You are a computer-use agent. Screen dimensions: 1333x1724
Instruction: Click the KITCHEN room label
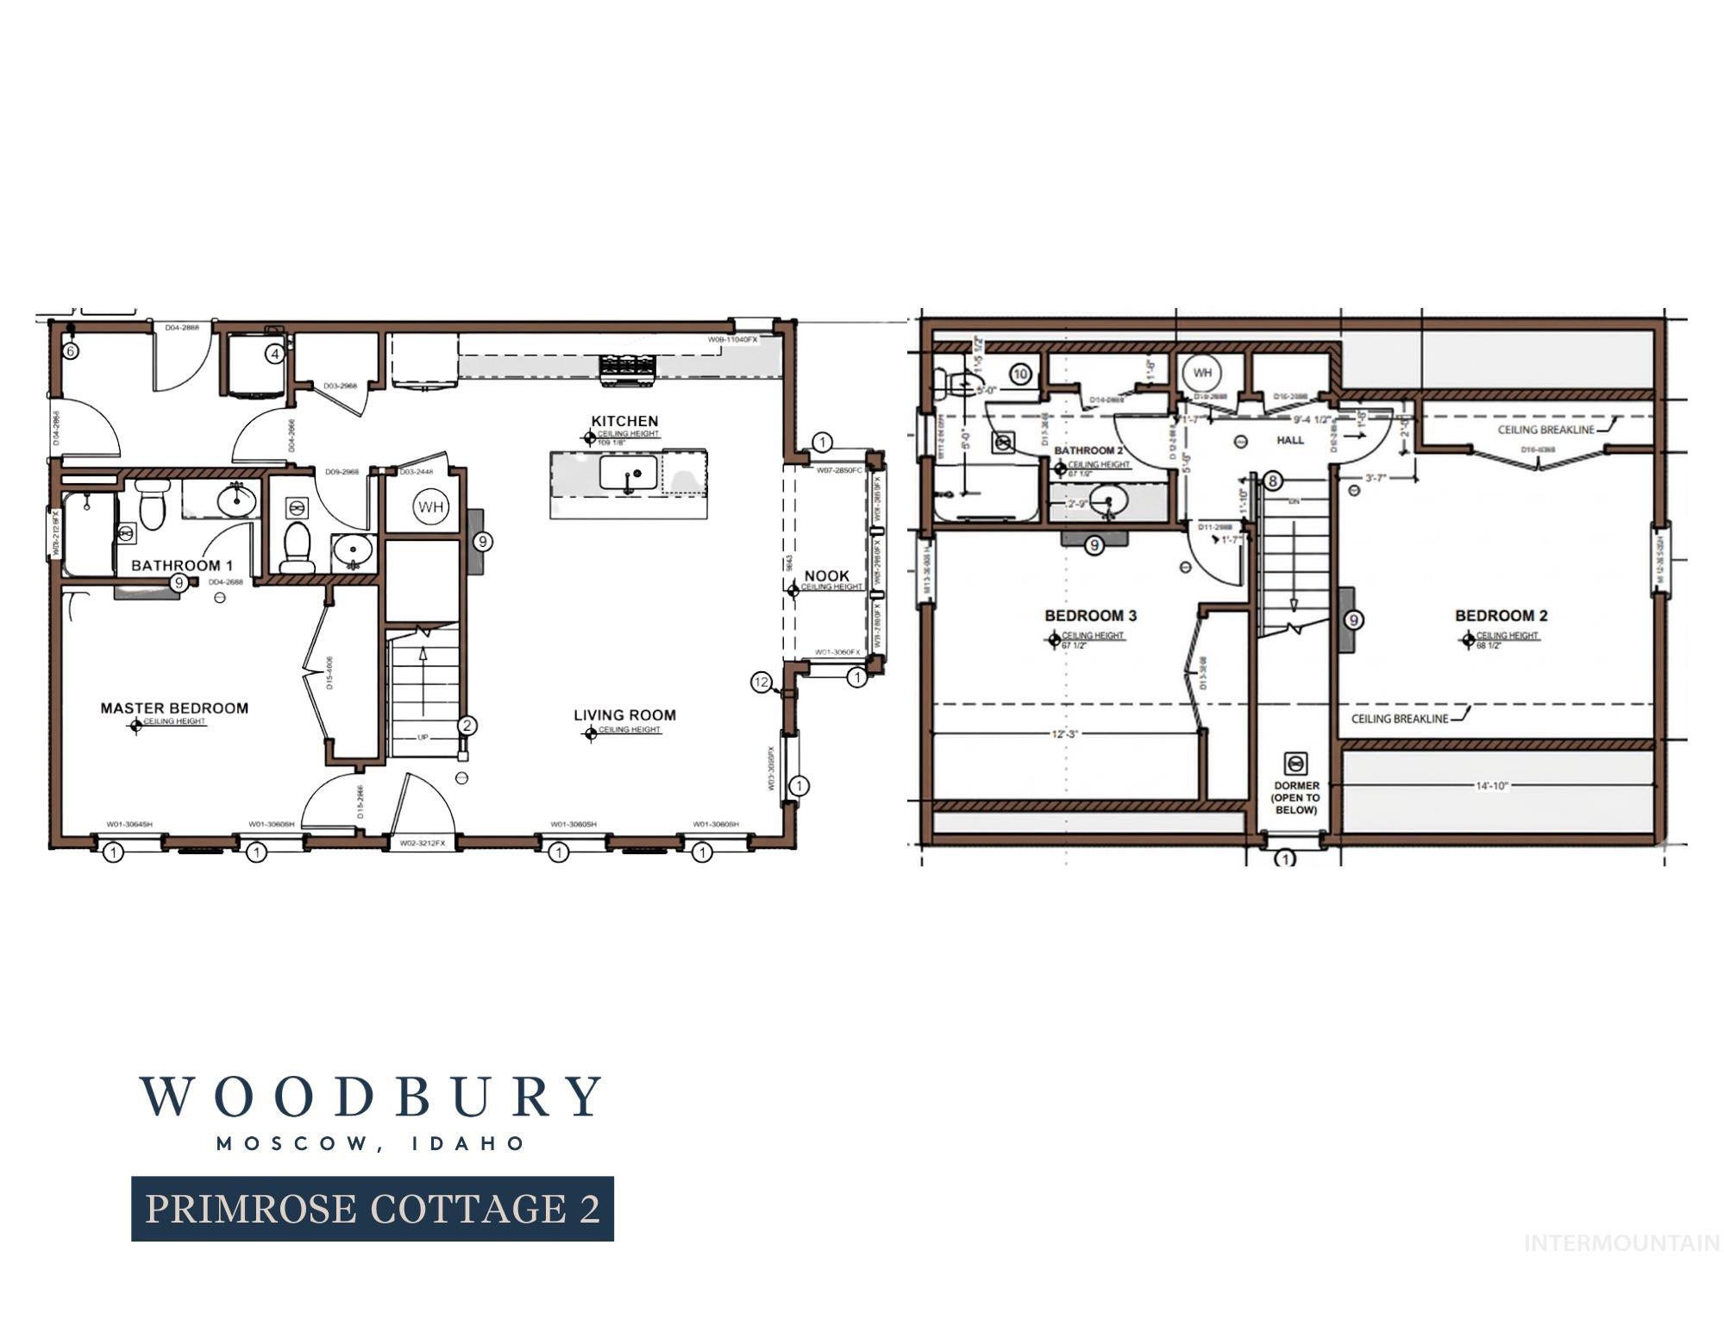click(624, 421)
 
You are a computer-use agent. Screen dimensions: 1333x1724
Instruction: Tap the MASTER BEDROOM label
click(174, 708)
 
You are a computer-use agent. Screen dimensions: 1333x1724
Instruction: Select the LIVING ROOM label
click(624, 715)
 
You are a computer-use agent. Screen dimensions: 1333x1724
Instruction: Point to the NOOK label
click(826, 575)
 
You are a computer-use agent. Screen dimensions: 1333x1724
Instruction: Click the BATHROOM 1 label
click(182, 566)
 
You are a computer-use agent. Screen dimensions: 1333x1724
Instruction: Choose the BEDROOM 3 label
click(1090, 616)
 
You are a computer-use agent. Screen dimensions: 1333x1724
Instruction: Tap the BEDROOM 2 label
click(1501, 616)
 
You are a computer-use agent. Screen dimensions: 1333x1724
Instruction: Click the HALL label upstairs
click(1290, 440)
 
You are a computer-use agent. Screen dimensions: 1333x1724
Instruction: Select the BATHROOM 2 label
click(1088, 450)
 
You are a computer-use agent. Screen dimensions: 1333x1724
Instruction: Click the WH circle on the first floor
click(430, 506)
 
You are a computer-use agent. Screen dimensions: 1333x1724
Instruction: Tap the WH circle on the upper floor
click(1202, 374)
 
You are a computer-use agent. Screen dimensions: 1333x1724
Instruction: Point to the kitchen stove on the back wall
click(628, 366)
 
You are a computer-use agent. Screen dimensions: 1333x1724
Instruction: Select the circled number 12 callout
click(761, 682)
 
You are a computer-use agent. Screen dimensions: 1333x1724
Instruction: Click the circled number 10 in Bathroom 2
click(1021, 374)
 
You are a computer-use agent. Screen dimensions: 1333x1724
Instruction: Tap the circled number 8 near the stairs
click(1273, 481)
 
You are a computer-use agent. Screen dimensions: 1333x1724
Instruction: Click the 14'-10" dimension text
click(1492, 786)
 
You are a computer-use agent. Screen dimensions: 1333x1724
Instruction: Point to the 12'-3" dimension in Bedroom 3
click(1064, 734)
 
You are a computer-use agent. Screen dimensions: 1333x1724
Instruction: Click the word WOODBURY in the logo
click(371, 1097)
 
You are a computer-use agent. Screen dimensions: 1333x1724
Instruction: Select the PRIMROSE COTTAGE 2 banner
click(373, 1209)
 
